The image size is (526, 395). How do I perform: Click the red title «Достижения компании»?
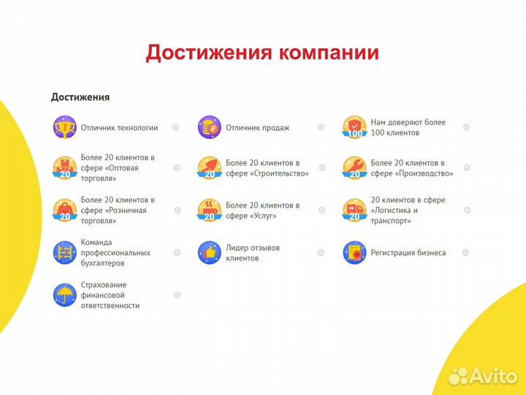pos(262,53)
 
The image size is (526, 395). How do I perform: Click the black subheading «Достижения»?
pos(80,97)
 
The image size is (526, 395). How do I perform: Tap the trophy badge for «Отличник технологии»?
pos(64,127)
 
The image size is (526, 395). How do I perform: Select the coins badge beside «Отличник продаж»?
pos(209,127)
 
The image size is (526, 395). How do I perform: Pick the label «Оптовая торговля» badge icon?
pos(64,168)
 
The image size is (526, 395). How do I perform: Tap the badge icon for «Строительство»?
pos(209,168)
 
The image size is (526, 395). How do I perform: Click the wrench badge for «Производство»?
pos(354,168)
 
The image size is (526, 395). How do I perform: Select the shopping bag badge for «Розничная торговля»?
pos(64,210)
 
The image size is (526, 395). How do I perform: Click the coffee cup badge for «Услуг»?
pos(209,210)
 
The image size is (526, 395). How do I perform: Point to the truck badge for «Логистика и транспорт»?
pos(354,210)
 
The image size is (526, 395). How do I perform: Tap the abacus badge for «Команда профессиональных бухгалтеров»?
pos(64,252)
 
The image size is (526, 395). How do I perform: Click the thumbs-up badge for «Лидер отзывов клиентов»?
pos(209,252)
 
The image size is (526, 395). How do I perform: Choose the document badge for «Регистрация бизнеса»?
pos(354,252)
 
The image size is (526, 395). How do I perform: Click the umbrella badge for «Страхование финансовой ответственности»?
pos(64,295)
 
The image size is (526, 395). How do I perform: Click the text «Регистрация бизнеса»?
pos(408,253)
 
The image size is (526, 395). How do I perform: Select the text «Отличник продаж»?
pos(257,128)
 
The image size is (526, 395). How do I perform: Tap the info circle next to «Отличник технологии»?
pos(176,127)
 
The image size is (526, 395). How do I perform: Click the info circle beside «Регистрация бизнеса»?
pos(466,252)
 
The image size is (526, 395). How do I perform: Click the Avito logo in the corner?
pos(482,376)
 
